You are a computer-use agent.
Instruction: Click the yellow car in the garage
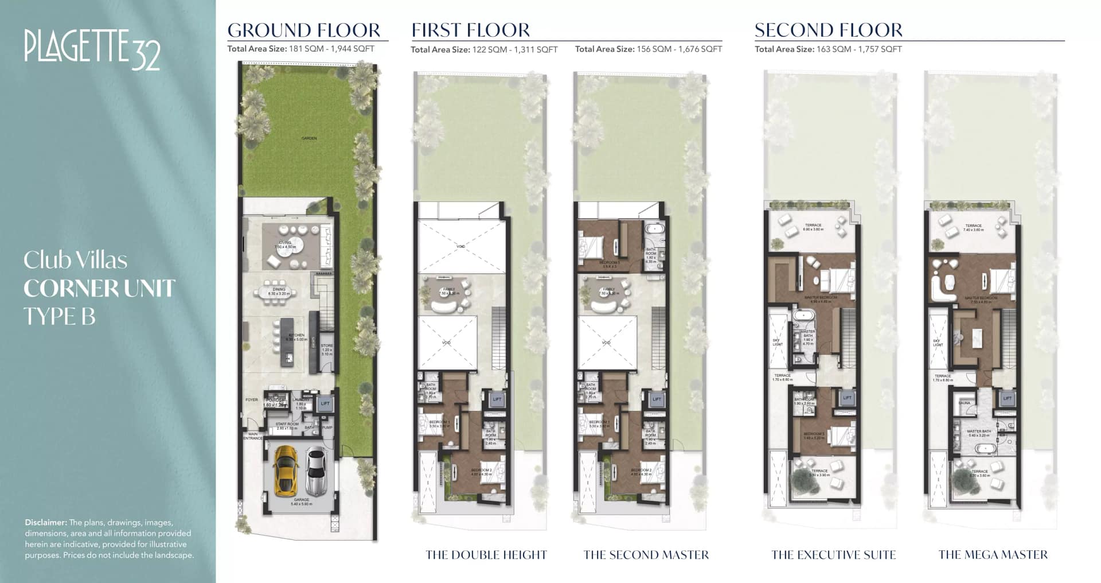(286, 471)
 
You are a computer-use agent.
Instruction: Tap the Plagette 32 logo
(92, 48)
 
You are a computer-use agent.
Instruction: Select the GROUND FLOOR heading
(304, 30)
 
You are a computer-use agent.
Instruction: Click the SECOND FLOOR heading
(828, 30)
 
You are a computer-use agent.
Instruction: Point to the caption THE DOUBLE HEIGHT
(486, 555)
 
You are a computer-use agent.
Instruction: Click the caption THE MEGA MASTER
(993, 555)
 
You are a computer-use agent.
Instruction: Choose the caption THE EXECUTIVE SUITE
(833, 555)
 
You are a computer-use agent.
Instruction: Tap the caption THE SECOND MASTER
(646, 555)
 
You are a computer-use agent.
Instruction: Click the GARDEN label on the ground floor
(309, 138)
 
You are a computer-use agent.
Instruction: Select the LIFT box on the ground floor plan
(325, 403)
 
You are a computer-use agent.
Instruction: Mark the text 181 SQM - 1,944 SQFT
(331, 49)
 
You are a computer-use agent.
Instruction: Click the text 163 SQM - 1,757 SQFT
(859, 49)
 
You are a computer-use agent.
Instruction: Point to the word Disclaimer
(45, 523)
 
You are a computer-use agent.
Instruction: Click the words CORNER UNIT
(99, 289)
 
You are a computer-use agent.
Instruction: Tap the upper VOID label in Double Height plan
(461, 246)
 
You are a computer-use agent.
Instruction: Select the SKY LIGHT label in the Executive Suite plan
(777, 343)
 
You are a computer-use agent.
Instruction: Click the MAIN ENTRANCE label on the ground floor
(252, 436)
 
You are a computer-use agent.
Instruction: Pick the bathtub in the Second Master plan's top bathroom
(654, 229)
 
